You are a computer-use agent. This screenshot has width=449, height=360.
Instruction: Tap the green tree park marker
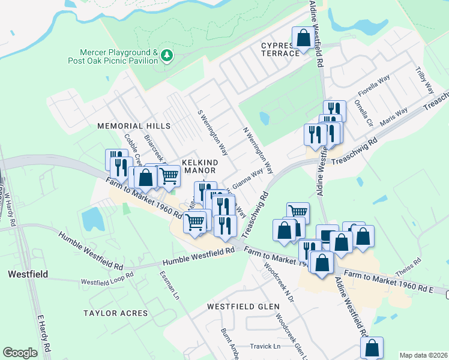[x=167, y=56]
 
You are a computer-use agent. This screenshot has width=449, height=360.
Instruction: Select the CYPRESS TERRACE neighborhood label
[x=280, y=49]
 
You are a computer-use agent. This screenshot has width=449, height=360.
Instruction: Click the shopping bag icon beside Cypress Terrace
[x=303, y=38]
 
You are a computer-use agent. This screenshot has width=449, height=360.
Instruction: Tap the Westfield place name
[x=28, y=274]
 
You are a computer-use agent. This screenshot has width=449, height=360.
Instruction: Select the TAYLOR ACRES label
[x=115, y=313]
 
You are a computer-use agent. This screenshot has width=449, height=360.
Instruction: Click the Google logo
[x=20, y=353]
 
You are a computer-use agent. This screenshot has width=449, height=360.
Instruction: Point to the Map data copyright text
[x=423, y=355]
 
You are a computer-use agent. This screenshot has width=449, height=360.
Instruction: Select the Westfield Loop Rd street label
[x=107, y=281]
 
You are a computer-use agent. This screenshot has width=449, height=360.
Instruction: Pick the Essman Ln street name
[x=169, y=284]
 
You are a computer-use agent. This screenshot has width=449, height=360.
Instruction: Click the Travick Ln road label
[x=265, y=346]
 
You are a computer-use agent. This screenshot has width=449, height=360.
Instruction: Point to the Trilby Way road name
[x=424, y=80]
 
